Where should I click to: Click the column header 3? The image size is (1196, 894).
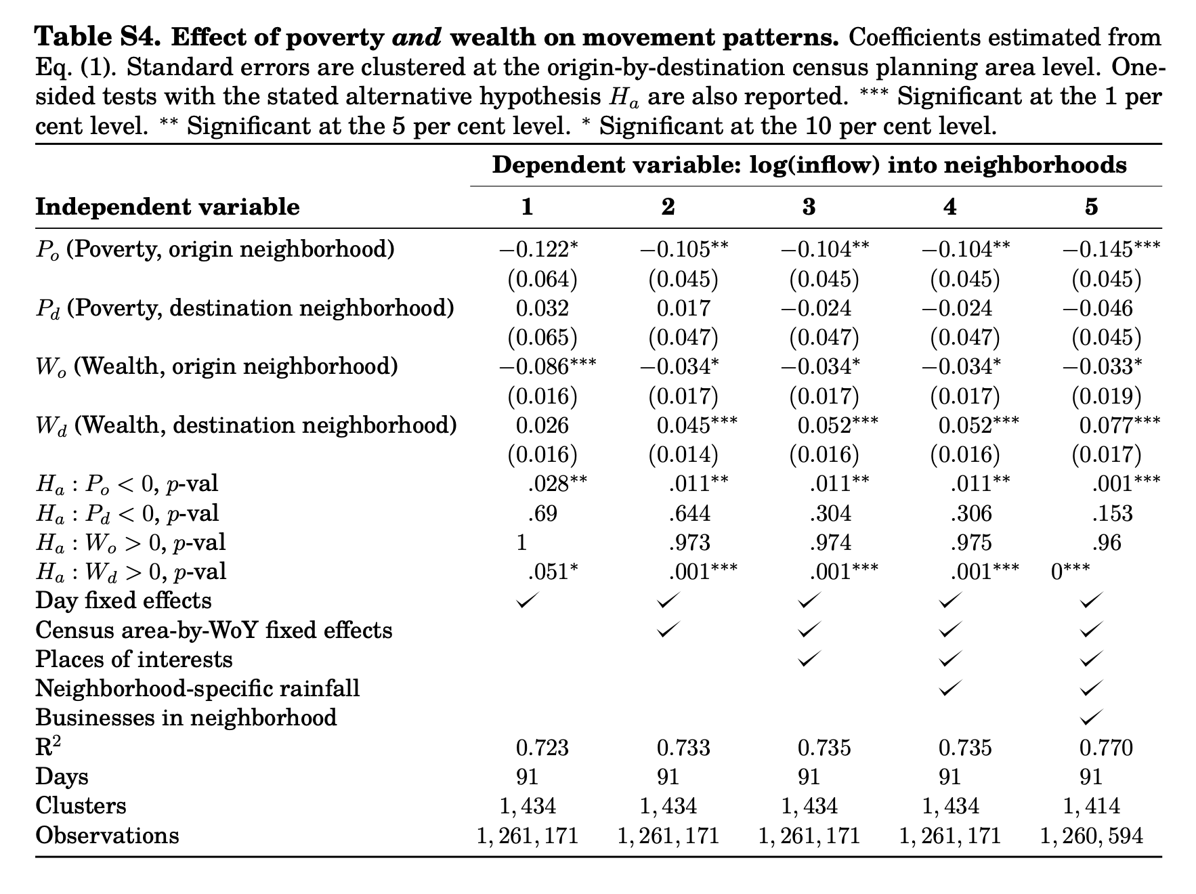tap(809, 207)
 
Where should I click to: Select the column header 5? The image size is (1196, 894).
tap(1090, 207)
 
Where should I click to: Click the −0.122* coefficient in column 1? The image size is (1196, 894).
tap(539, 250)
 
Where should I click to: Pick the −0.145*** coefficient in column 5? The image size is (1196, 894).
tap(1111, 250)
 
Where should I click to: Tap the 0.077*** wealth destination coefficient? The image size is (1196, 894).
tap(1119, 425)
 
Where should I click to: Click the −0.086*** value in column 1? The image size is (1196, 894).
tap(547, 367)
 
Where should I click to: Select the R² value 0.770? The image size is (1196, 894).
tap(1105, 748)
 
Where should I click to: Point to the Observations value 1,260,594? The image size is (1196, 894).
tap(1091, 836)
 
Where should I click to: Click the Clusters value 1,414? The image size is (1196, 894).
tap(1091, 806)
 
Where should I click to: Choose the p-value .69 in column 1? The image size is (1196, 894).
tap(542, 513)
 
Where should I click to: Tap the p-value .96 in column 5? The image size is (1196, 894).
tap(1106, 542)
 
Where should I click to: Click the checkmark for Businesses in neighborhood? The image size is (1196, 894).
tap(1091, 717)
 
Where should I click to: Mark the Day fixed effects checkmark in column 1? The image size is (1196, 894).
tap(528, 600)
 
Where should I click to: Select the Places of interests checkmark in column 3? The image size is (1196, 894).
tap(809, 658)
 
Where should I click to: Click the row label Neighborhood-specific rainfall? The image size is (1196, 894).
tap(197, 689)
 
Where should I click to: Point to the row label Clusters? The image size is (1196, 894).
tap(81, 806)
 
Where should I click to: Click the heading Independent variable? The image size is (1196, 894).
tap(167, 207)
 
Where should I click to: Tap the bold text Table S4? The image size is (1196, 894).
tap(98, 37)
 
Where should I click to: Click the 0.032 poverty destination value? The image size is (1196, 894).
tap(542, 308)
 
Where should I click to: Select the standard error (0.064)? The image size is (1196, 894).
tap(542, 279)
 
